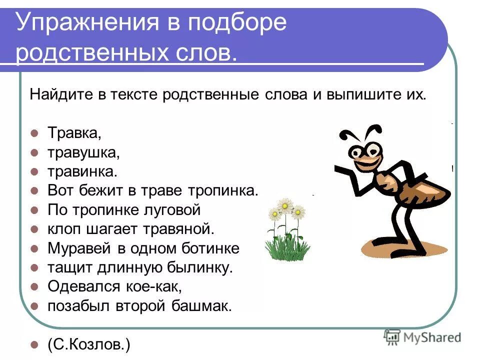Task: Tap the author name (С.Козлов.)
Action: point(89,344)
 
